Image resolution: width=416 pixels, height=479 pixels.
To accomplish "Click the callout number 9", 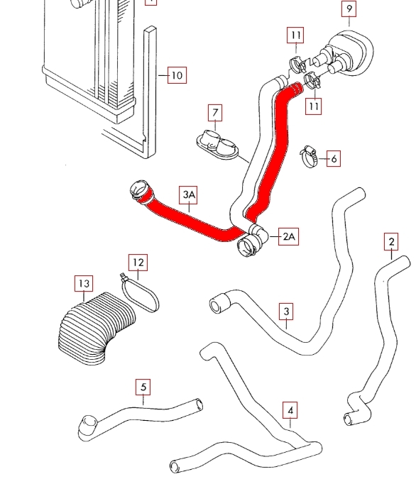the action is point(349,9).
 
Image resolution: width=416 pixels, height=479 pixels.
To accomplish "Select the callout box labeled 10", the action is point(177,75).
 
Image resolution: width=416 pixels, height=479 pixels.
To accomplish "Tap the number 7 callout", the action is point(215,113).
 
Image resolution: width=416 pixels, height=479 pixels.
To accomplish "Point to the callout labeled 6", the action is point(334,158).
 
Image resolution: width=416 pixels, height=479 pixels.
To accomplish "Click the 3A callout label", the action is point(188,194).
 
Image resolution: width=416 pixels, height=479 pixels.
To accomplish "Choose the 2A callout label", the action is point(288,236).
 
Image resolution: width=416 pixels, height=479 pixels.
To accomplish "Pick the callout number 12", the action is point(138,263).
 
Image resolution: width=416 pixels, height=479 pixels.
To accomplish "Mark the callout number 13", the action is point(84,283).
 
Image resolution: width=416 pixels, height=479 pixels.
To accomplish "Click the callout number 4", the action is point(290,410).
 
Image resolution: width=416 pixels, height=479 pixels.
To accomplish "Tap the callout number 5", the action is point(143,387).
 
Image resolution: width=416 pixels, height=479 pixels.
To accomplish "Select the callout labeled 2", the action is point(391,242).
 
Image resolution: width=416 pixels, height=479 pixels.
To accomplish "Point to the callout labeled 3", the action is point(286,312).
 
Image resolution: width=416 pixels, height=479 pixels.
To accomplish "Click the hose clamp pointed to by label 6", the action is point(308,156).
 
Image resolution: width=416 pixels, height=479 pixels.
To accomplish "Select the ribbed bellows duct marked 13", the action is point(97,327).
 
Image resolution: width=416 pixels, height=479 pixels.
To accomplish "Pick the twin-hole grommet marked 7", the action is point(218,144).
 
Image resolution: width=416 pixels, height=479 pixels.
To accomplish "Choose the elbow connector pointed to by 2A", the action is point(253,240).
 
